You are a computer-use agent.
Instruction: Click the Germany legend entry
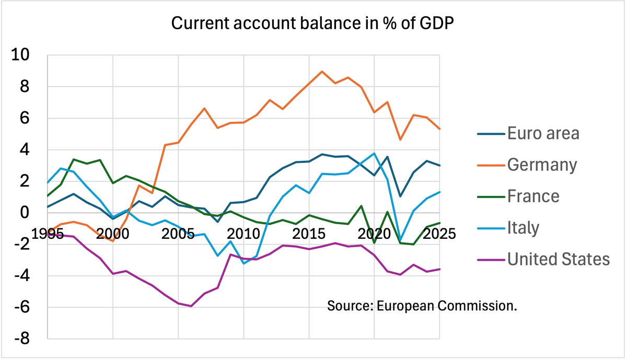pos(542,165)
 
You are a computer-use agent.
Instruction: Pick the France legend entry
pos(533,196)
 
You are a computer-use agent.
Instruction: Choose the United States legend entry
pos(559,259)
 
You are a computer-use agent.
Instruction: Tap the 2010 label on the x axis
pos(243,233)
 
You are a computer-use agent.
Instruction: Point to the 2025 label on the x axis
pos(439,233)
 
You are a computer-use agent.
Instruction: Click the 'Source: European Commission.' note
pos(422,305)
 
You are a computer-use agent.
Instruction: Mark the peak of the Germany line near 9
pos(322,72)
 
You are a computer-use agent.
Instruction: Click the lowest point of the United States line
pos(191,306)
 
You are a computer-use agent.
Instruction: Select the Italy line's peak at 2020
pos(374,153)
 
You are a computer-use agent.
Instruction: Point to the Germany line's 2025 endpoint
pos(439,129)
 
